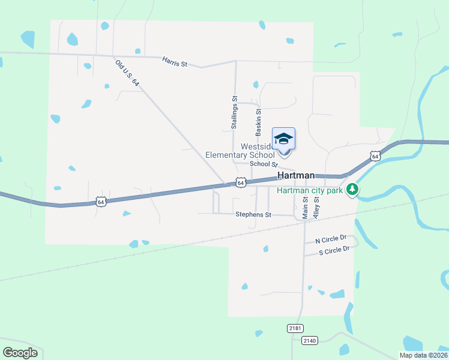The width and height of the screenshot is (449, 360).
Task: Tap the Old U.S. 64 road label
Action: click(x=127, y=74)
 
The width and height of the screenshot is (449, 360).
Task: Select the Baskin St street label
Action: click(x=259, y=121)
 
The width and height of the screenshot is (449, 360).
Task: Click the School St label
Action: click(x=263, y=164)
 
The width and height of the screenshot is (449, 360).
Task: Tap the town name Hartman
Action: click(x=296, y=175)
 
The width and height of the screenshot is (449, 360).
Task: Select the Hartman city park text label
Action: click(x=310, y=191)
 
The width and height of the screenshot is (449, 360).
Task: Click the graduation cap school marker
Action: click(x=283, y=140)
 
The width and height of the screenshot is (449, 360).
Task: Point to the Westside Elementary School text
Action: click(x=240, y=151)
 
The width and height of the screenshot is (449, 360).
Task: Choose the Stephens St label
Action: click(x=253, y=214)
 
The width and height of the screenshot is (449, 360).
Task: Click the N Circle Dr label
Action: click(x=331, y=239)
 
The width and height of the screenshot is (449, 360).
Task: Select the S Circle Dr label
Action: click(x=334, y=250)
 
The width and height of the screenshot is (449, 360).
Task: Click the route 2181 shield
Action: click(x=295, y=328)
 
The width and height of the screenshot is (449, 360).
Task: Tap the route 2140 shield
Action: click(x=309, y=341)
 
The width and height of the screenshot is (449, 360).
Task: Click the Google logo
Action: click(x=20, y=353)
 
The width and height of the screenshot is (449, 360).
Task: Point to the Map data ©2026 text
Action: click(x=423, y=355)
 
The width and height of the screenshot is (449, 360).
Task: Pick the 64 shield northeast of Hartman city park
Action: click(x=375, y=156)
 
